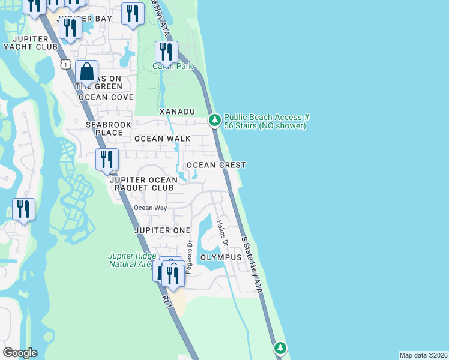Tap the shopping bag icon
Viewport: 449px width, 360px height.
87,71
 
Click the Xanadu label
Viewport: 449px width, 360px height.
178,112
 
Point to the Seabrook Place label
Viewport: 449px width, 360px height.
96,128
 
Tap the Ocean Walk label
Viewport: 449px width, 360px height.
162,139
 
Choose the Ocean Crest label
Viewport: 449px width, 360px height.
216,165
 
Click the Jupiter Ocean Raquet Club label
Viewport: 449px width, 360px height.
143,184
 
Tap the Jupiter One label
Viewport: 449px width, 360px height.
162,230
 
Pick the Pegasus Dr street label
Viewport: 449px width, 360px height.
188,257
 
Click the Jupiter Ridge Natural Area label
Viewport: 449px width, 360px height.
131,260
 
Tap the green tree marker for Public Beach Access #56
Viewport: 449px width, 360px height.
214,121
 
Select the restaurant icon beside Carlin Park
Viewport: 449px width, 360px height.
166,52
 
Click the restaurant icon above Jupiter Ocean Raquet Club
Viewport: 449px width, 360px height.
107,160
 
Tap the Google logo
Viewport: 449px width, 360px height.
20,353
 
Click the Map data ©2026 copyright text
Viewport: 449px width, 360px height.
423,355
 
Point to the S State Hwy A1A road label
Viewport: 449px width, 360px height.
252,265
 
